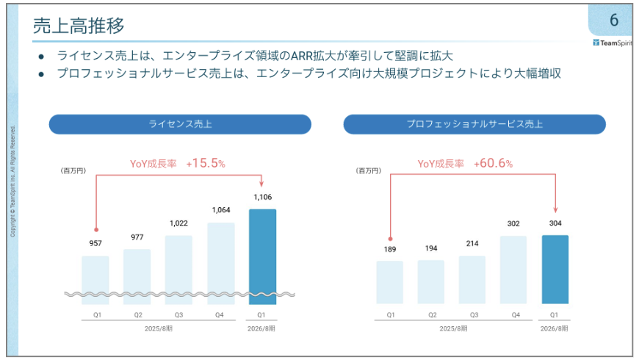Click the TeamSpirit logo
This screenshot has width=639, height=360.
(x=613, y=42)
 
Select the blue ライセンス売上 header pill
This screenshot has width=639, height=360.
(x=180, y=124)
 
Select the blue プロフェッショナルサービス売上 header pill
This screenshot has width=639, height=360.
(x=474, y=124)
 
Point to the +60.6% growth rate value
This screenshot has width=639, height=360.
(x=493, y=164)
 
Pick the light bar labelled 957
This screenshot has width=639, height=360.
(x=95, y=279)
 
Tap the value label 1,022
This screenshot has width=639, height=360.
(x=179, y=223)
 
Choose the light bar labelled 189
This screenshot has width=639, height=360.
(x=389, y=282)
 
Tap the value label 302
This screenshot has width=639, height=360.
(x=513, y=224)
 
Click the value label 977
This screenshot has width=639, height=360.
(x=137, y=237)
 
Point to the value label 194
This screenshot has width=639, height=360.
(x=430, y=248)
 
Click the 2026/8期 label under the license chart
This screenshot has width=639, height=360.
(x=262, y=328)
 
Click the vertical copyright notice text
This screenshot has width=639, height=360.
(x=12, y=180)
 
